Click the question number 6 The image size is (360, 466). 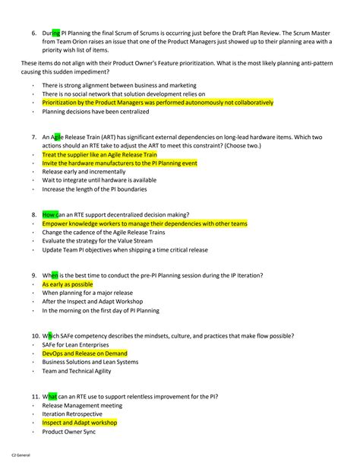coord(34,33)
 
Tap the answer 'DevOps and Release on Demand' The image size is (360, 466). coord(84,353)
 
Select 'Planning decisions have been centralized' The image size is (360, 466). coord(94,111)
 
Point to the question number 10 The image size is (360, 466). coord(36,335)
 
